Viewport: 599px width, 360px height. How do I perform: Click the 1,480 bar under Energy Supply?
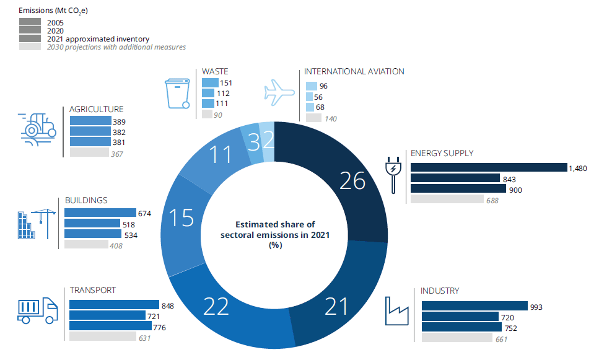(x=488, y=167)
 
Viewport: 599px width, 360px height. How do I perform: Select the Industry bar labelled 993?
(x=474, y=305)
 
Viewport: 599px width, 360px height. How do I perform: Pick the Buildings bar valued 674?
(x=100, y=213)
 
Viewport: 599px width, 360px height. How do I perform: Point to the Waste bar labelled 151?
(x=210, y=83)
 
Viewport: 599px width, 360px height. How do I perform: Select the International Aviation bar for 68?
(x=310, y=107)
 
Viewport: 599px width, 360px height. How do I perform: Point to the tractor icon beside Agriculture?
(x=38, y=128)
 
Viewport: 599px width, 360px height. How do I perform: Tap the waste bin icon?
(x=178, y=92)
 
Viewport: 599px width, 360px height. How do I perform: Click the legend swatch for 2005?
(x=30, y=22)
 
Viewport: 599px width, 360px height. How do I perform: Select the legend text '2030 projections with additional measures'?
(x=117, y=47)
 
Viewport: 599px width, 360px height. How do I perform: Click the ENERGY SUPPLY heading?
(x=441, y=153)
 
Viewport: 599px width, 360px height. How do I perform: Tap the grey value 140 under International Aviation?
(x=331, y=118)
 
